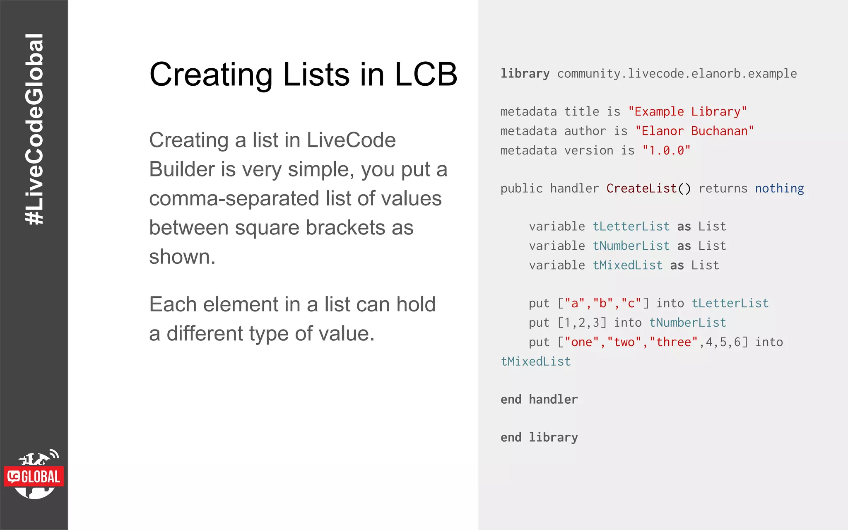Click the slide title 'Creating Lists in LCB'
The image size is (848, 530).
tap(303, 75)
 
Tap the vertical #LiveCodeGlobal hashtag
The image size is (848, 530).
tap(34, 129)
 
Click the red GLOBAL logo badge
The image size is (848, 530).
tap(34, 477)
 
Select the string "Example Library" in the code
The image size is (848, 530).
tap(687, 111)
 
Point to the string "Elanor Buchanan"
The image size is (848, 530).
tap(694, 131)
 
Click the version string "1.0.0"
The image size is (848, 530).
tap(666, 150)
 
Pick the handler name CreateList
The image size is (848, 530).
tap(641, 188)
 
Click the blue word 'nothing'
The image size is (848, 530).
tap(779, 188)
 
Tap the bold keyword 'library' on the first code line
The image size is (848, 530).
tap(525, 73)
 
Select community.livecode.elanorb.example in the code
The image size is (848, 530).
tap(677, 73)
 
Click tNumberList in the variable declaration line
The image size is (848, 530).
tap(631, 246)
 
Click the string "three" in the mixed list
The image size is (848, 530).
tap(674, 342)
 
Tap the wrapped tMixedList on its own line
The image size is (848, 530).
tap(536, 361)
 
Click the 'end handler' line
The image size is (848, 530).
tap(539, 399)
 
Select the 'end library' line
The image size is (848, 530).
tap(539, 437)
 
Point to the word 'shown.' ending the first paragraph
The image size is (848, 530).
tap(182, 257)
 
